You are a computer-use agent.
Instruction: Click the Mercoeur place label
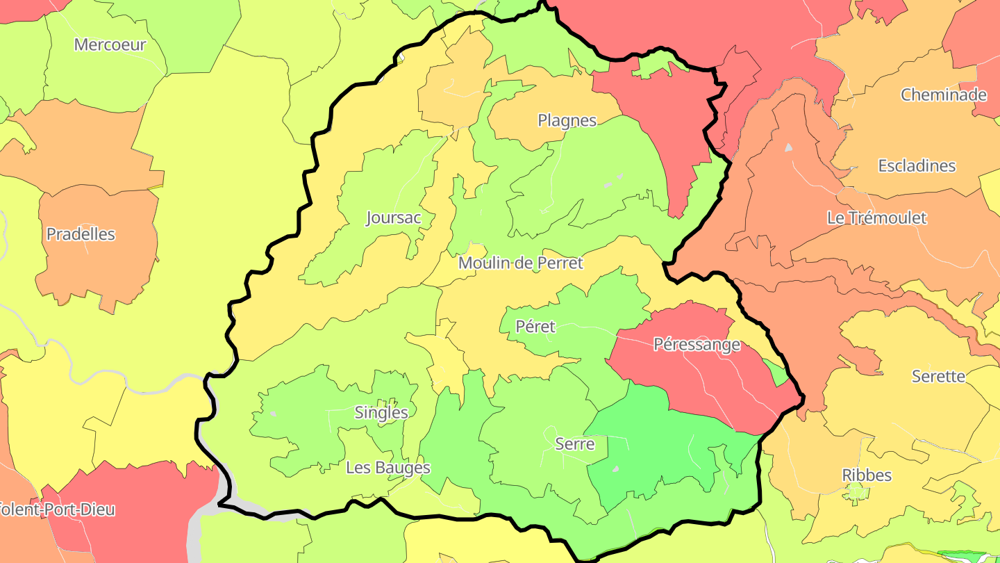point(110,44)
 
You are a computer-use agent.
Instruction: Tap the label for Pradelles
point(81,234)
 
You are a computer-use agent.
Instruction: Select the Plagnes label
point(567,120)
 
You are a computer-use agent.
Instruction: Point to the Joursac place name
point(393,218)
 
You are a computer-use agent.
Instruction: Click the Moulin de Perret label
point(520,263)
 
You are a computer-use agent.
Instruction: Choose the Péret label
point(535,326)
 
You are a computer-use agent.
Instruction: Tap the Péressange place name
point(697,344)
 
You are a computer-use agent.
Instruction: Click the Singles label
point(381,412)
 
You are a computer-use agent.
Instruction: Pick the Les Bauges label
point(387,468)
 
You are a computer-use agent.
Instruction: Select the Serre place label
point(574,443)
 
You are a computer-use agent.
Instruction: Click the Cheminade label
point(943,95)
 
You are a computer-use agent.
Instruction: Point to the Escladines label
point(917,166)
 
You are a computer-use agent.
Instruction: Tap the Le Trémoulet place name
point(876,218)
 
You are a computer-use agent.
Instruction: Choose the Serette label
point(938,376)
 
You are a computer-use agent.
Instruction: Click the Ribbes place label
point(867,475)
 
